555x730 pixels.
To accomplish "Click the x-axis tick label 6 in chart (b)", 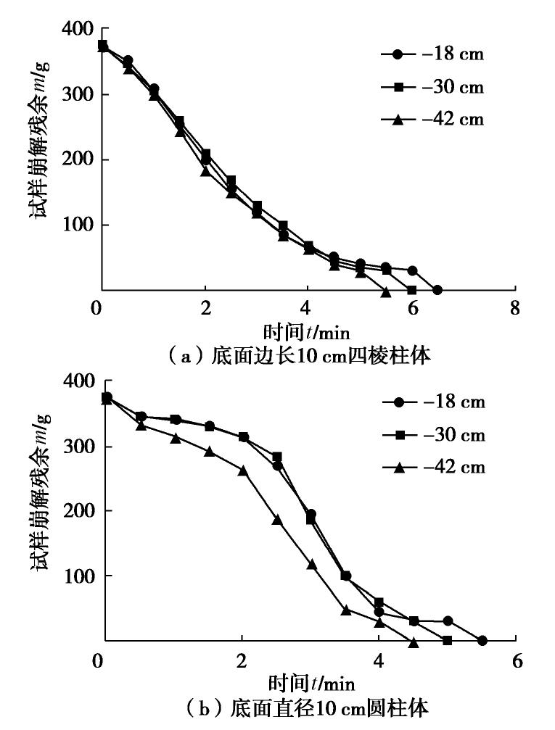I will [516, 662].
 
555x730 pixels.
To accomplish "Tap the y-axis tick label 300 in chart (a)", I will [75, 94].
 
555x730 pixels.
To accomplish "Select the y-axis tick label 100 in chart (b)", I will [75, 576].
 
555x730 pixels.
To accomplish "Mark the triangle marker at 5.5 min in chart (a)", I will [386, 291].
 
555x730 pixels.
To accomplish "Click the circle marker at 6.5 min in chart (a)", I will [437, 290].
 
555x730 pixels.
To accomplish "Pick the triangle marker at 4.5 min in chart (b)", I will [414, 642].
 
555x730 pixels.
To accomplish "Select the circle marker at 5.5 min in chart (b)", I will [482, 641].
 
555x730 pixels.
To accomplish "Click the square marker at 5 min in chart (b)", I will [448, 641].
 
